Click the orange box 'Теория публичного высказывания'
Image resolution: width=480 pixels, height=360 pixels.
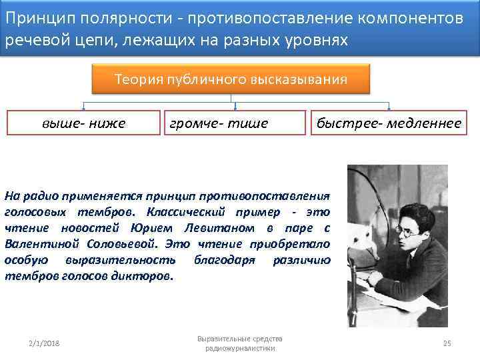tap(231, 80)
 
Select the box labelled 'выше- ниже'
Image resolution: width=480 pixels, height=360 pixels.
tap(83, 123)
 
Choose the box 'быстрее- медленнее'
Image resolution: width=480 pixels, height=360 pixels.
tap(389, 123)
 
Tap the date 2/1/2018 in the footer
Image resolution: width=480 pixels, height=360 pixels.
tap(44, 343)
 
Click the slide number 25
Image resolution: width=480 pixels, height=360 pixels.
tap(447, 343)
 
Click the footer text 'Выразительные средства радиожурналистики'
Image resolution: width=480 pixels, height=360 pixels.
tap(240, 343)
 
